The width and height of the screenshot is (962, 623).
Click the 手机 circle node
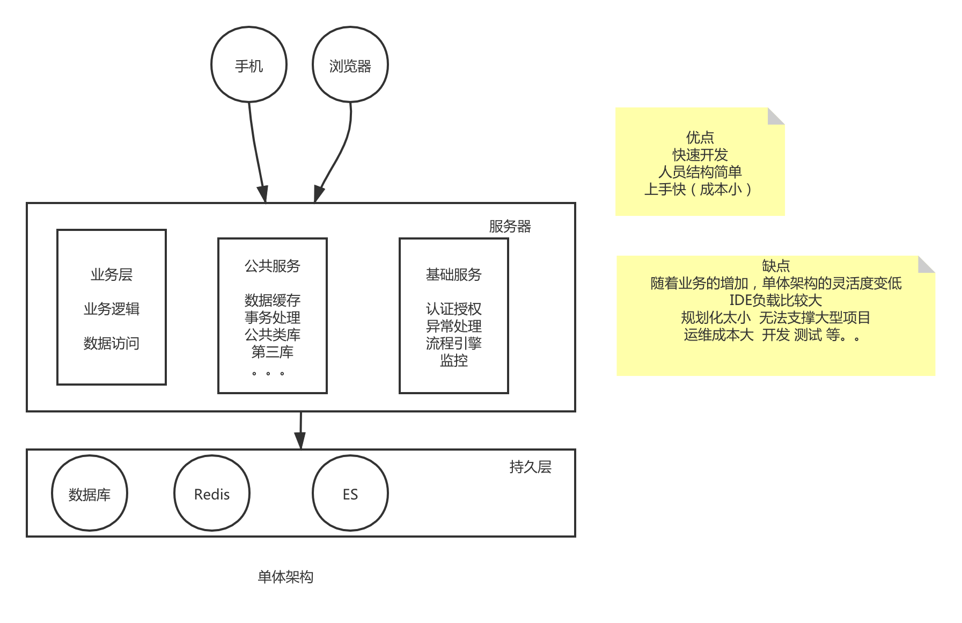[249, 65]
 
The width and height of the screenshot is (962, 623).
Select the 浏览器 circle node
[350, 65]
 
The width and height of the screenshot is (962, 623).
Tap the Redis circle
[212, 494]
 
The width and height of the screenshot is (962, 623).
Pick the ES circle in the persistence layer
[350, 494]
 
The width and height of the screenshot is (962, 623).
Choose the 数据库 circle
[90, 494]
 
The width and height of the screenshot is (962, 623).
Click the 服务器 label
[510, 226]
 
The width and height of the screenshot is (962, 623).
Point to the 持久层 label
[530, 467]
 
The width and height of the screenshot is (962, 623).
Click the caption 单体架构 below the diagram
[285, 577]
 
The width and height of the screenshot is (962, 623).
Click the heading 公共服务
[273, 266]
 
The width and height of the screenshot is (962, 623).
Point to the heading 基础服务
[454, 274]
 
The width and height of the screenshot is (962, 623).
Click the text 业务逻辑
[112, 309]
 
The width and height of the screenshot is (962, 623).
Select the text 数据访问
[112, 343]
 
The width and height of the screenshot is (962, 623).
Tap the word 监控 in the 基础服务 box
[454, 360]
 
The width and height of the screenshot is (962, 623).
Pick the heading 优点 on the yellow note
[700, 137]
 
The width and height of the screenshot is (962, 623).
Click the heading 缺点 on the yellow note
[776, 266]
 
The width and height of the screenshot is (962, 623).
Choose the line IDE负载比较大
[776, 300]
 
